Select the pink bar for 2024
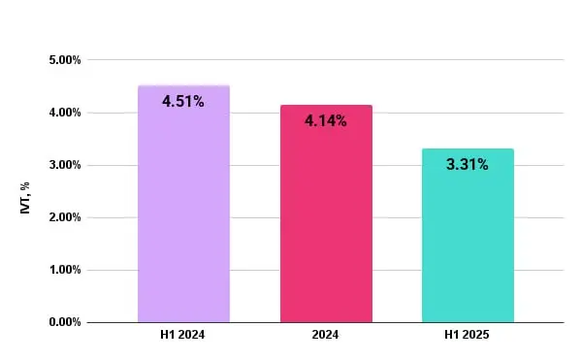point(326,233)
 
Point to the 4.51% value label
point(183,101)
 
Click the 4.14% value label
point(326,121)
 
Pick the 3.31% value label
point(468,165)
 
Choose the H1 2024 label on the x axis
point(183,335)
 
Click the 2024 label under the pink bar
point(326,335)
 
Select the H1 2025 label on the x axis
point(468,335)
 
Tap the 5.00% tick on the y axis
point(64,60)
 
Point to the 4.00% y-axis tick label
point(64,113)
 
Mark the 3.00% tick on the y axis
point(64,165)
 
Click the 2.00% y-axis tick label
point(64,217)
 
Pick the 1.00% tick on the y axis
point(64,270)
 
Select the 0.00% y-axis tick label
point(64,322)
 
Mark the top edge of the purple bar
point(183,86)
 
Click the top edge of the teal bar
point(468,149)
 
